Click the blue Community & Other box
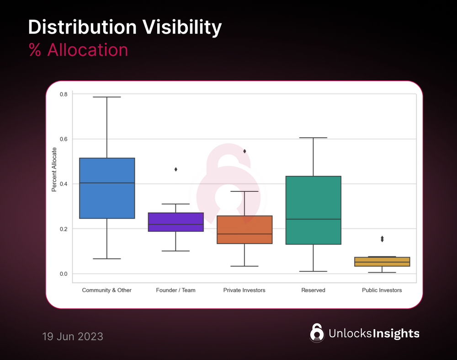point(107,188)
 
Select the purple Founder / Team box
point(176,222)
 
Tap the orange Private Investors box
point(244,230)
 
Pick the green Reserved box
point(313,210)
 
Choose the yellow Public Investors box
point(382,262)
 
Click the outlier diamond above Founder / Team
point(176,169)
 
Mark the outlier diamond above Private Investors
point(244,151)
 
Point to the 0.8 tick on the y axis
point(64,94)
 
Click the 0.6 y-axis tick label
point(64,139)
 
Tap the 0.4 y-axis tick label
point(64,184)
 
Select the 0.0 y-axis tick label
point(64,274)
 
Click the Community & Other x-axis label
point(106,290)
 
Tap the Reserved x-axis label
point(313,290)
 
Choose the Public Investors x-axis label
point(382,290)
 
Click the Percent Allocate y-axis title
point(54,169)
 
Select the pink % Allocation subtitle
point(78,50)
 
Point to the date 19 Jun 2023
point(73,337)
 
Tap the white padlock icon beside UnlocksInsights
point(316,333)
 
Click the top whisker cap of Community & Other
point(107,97)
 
